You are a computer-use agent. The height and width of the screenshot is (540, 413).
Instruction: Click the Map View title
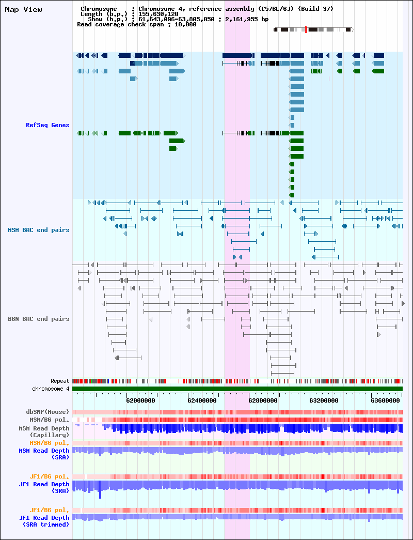point(23,10)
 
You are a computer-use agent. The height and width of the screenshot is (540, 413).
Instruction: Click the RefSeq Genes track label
point(47,125)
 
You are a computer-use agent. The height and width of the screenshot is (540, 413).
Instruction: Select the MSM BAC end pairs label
point(39,230)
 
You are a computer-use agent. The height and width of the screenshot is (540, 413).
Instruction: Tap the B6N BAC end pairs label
point(39,319)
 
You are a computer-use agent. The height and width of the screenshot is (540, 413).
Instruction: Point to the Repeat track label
point(60,381)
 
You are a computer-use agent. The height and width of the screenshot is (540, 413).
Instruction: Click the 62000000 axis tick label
point(141,400)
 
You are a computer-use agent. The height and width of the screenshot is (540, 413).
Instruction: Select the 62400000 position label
point(202,400)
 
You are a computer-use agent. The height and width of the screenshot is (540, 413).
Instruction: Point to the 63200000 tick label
point(324,400)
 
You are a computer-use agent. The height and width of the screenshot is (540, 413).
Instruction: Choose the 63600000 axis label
point(385,400)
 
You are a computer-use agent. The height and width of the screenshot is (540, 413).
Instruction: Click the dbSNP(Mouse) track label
point(47,412)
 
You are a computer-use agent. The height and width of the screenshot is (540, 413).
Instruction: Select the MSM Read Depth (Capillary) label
point(44,432)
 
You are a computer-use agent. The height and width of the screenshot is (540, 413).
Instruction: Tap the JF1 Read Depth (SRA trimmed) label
point(44,521)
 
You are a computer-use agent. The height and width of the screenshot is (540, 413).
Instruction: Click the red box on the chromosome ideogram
point(306,29)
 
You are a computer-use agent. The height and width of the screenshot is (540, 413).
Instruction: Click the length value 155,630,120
point(158,14)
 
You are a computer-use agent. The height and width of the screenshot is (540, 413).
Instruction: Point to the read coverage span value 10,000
point(186,24)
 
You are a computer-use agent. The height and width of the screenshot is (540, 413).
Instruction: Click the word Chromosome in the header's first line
point(99,9)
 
